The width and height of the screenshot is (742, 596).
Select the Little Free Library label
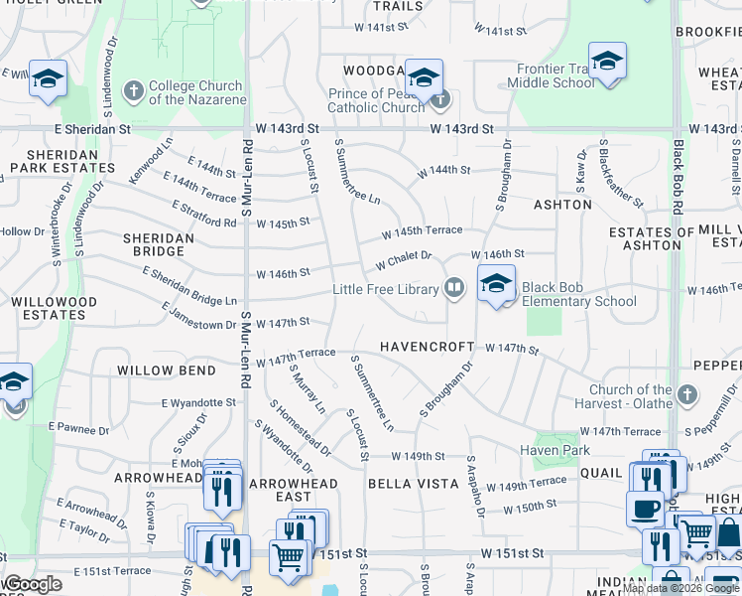click(x=385, y=289)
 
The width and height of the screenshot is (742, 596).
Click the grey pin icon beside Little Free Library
click(x=454, y=288)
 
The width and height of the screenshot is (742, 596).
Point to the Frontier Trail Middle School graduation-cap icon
click(x=607, y=62)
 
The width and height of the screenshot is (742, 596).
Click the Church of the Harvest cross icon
click(x=685, y=396)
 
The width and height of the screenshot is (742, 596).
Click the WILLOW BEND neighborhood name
click(x=166, y=371)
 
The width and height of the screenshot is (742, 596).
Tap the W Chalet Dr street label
click(x=403, y=260)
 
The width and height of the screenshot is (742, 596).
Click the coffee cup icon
click(x=645, y=509)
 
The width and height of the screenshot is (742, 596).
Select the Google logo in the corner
click(x=33, y=584)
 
